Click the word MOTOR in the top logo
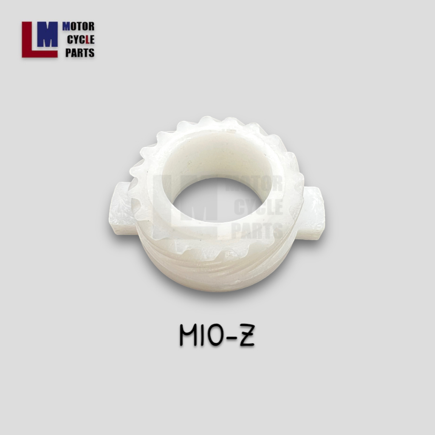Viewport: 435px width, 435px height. [x=78, y=27]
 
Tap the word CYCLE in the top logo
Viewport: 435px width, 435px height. [x=81, y=40]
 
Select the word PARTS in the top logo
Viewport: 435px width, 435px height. [x=80, y=53]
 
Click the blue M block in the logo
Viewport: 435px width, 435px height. [x=48, y=34]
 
